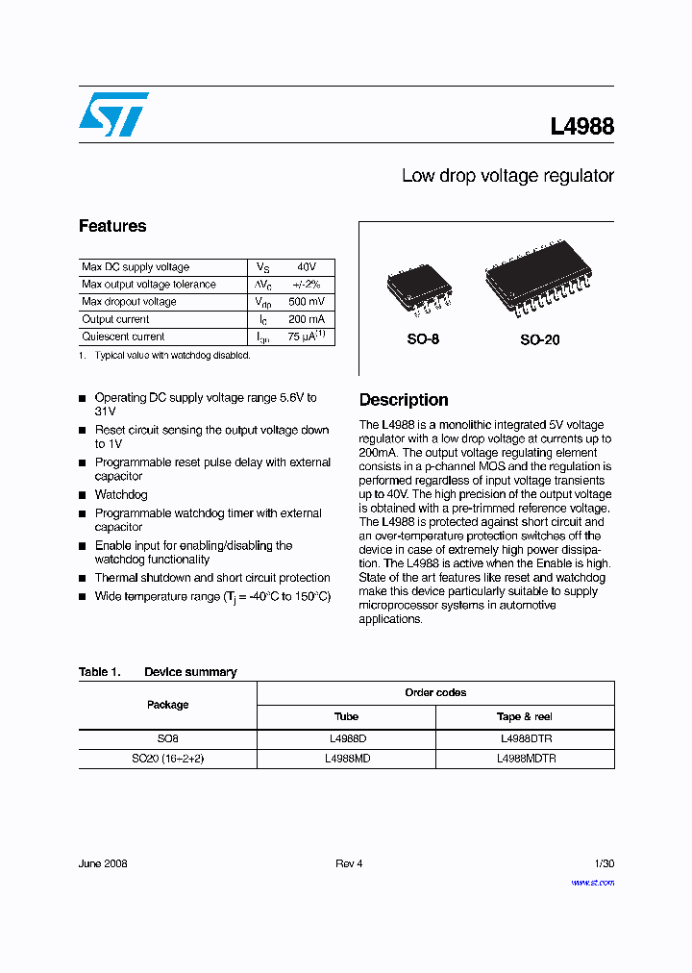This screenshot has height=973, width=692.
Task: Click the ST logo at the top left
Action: click(x=113, y=114)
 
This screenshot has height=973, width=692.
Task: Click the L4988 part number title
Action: click(x=581, y=126)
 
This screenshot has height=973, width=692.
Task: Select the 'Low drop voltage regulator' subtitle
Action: click(x=507, y=176)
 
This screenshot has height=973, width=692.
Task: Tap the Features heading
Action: click(x=112, y=226)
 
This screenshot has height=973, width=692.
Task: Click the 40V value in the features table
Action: click(x=307, y=267)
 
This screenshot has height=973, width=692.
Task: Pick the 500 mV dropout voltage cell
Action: click(x=307, y=302)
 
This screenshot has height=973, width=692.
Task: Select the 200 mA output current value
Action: click(x=307, y=319)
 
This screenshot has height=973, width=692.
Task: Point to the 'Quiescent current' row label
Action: click(x=123, y=337)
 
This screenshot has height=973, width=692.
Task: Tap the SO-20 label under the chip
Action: click(x=540, y=339)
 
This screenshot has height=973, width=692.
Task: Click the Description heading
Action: click(x=404, y=400)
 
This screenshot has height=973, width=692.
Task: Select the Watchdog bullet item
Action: click(x=121, y=494)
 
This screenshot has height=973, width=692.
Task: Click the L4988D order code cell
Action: click(x=347, y=738)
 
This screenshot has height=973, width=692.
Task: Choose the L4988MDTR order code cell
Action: click(x=526, y=759)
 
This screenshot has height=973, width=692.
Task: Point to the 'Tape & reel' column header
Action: click(x=525, y=716)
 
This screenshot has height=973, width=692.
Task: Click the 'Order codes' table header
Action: click(x=435, y=692)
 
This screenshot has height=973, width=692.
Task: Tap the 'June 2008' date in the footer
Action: click(x=103, y=863)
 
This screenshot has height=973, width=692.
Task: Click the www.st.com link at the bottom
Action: click(x=592, y=882)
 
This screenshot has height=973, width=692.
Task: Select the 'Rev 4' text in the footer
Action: click(x=349, y=863)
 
